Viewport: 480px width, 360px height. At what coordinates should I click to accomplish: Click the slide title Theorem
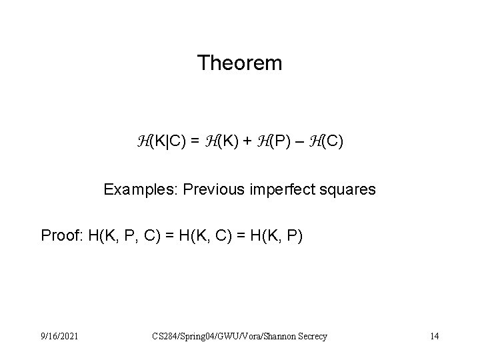[x=240, y=63]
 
